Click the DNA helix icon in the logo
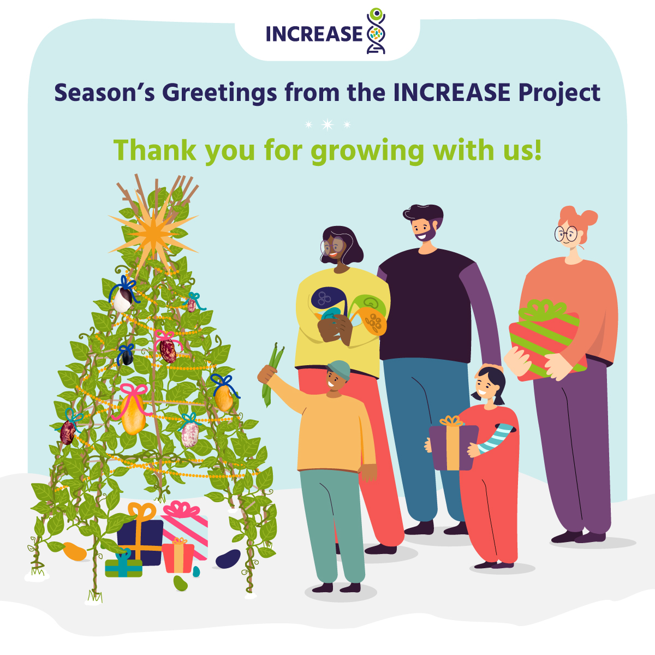(x=376, y=32)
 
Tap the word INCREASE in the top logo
(x=314, y=34)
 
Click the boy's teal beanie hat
(x=340, y=368)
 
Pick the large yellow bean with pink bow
(x=133, y=415)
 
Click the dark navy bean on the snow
(x=228, y=558)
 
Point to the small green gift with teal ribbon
(x=123, y=567)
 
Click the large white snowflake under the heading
(x=327, y=125)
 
